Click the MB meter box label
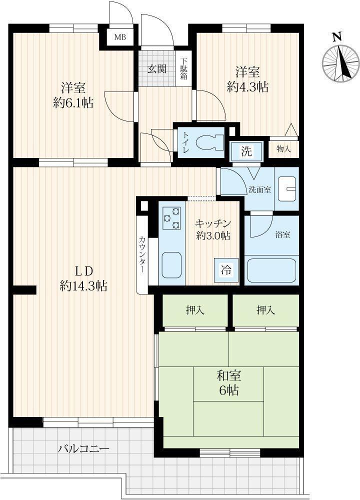pyautogui.click(x=120, y=37)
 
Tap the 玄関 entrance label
pyautogui.click(x=157, y=69)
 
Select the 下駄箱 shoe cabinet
pyautogui.click(x=184, y=68)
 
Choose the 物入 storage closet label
pyautogui.click(x=283, y=148)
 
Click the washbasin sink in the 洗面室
pyautogui.click(x=287, y=189)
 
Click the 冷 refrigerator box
pyautogui.click(x=226, y=270)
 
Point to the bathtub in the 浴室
pyautogui.click(x=272, y=270)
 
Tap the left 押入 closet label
pyautogui.click(x=195, y=310)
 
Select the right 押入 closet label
pyautogui.click(x=266, y=310)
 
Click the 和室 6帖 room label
pyautogui.click(x=229, y=383)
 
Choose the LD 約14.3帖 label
pyautogui.click(x=83, y=278)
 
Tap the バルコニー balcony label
pyautogui.click(x=83, y=449)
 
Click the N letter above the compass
pyautogui.click(x=336, y=37)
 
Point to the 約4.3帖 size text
pyautogui.click(x=247, y=86)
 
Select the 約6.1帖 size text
pyautogui.click(x=73, y=102)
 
